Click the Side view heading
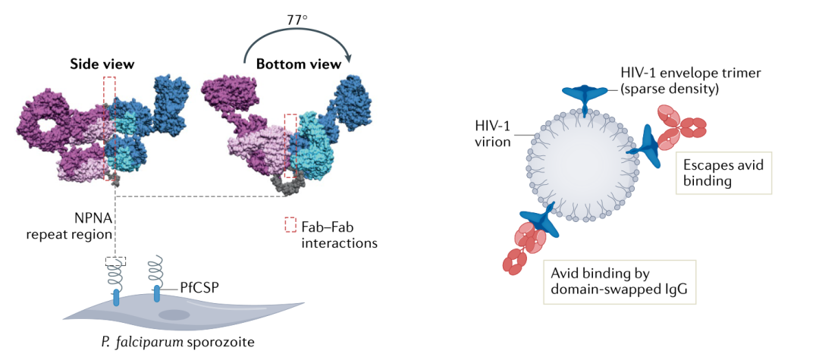102,64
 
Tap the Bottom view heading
298,64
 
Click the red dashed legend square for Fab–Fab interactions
290,225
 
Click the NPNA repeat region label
76,226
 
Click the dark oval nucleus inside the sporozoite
174,315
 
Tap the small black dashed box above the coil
115,260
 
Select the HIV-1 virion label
491,132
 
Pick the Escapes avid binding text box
723,173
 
